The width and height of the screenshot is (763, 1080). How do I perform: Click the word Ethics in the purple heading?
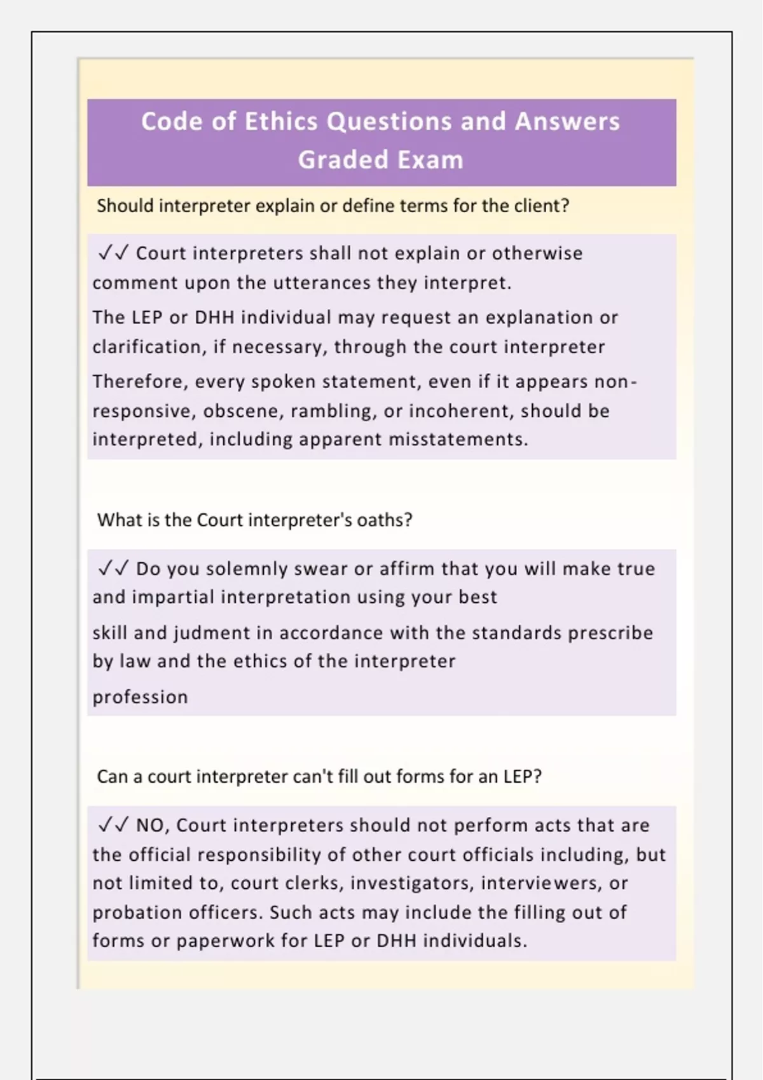click(x=280, y=121)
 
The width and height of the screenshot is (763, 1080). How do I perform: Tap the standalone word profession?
click(x=140, y=697)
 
